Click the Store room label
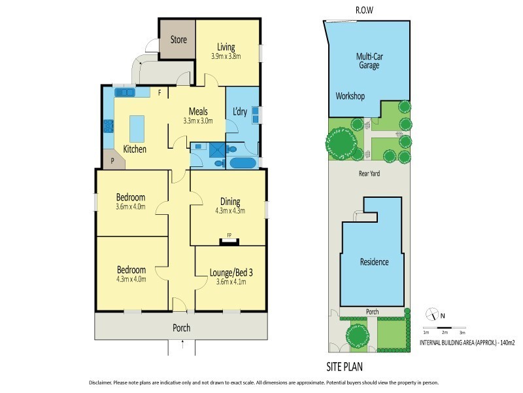[178, 40]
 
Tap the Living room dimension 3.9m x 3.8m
[226, 56]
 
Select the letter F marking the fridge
[160, 93]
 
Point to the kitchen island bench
[137, 124]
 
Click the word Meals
[198, 111]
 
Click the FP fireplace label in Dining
[229, 234]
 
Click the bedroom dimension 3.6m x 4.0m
[131, 207]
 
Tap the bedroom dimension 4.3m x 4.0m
[131, 278]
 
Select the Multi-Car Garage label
[369, 62]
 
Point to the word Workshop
[350, 96]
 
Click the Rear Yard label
[369, 174]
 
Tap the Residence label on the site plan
[375, 262]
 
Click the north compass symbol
[430, 314]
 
